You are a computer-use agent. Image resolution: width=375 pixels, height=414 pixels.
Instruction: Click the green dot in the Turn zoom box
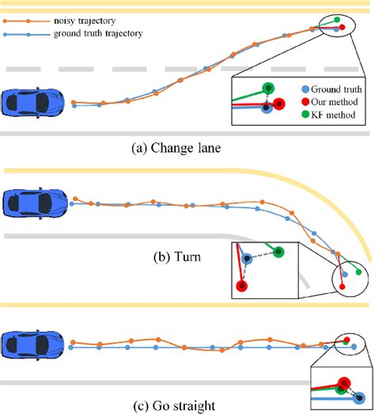coord(279,252)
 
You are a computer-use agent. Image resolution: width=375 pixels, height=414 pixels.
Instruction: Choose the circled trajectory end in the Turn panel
coord(349,279)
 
